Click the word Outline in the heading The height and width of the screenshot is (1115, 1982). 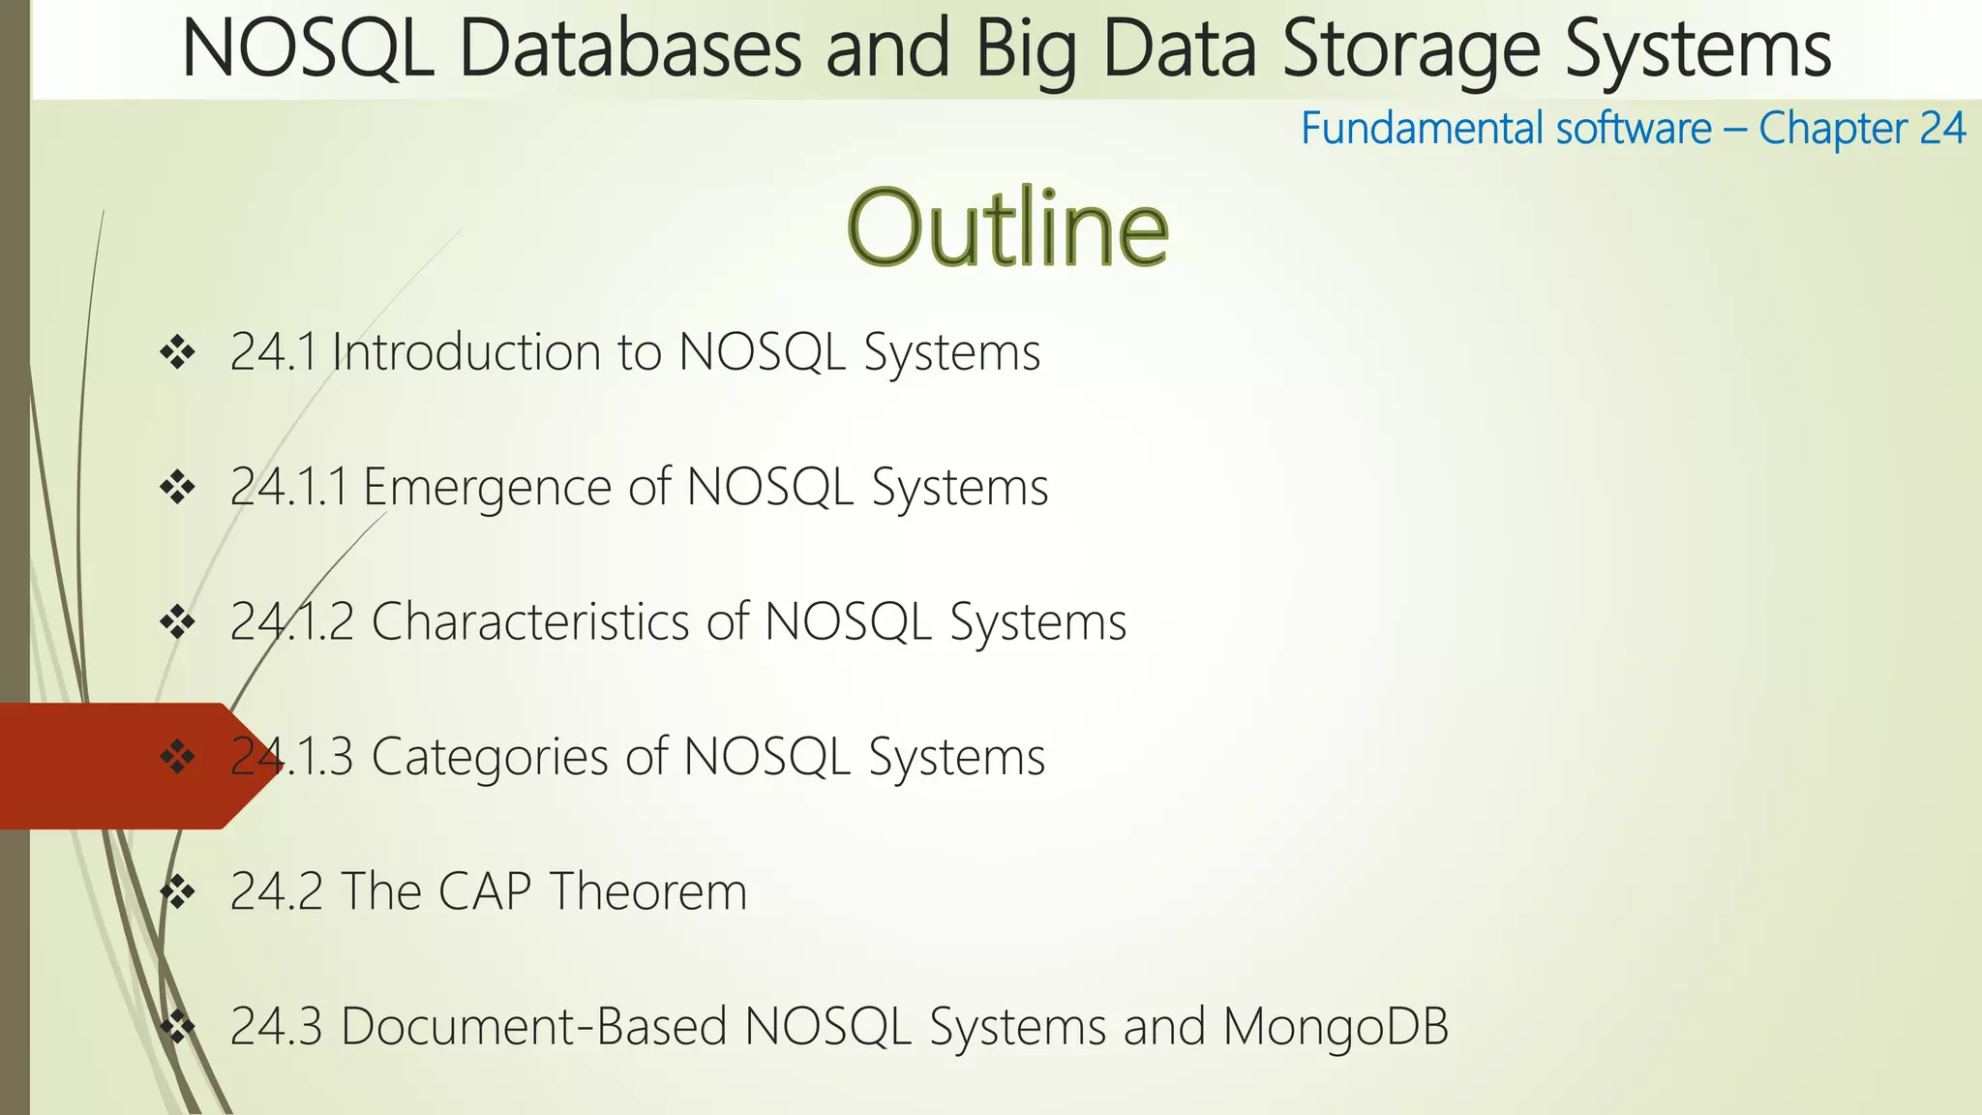1007,228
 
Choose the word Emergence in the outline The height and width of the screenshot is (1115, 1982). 487,486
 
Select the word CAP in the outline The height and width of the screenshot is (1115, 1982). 485,890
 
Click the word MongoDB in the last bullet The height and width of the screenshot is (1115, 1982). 1336,1026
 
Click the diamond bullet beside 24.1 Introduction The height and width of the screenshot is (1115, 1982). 178,352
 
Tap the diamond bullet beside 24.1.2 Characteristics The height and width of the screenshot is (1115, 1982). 178,622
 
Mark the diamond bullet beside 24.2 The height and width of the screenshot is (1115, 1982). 178,891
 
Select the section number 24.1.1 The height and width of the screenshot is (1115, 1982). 288,486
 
